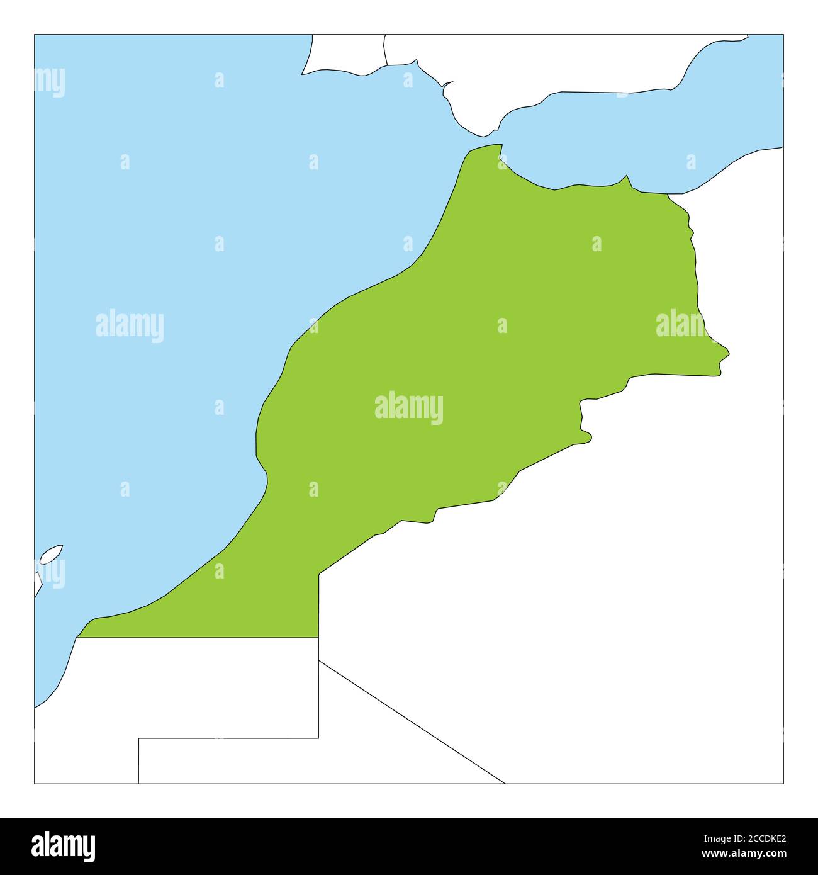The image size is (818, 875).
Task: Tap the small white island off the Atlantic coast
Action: [51, 555]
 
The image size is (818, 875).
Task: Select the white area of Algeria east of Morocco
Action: [629, 567]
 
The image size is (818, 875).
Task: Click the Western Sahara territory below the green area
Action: [189, 686]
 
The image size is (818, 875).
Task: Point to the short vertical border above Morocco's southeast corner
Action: [318, 604]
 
